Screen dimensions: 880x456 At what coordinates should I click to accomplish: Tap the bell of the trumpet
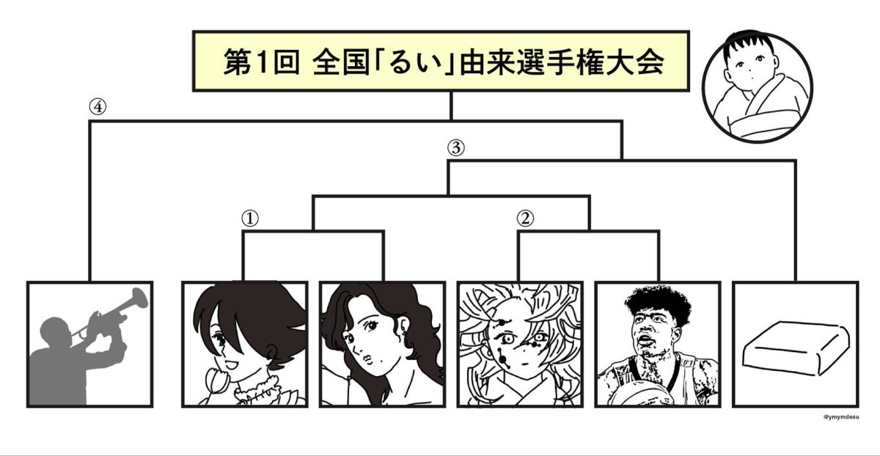coord(136,298)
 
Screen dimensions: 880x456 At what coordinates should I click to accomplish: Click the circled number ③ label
coord(455,147)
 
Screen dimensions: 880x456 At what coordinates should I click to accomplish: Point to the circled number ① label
coord(249,218)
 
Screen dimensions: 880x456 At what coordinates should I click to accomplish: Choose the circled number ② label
coord(524,218)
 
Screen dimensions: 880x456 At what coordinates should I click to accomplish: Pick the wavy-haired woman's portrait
coord(365,343)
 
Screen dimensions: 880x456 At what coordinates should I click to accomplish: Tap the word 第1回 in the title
coord(260,63)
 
